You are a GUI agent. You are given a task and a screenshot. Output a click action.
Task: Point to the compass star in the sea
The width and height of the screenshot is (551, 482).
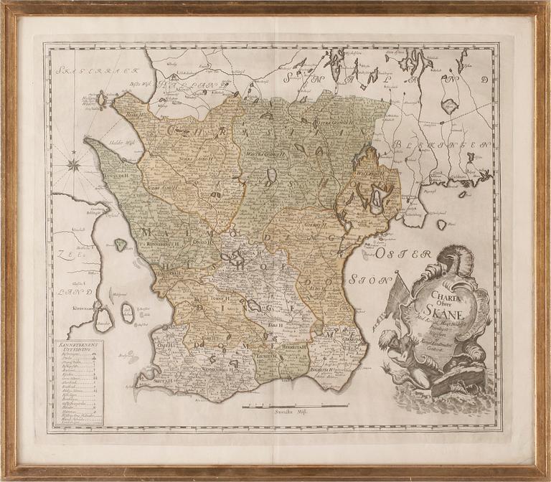(75, 166)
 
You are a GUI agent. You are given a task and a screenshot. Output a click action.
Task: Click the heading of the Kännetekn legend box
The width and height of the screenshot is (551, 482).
(79, 345)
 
